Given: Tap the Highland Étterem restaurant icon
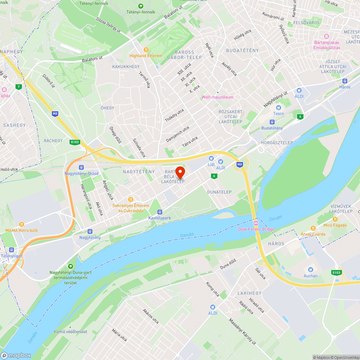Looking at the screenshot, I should pyautogui.click(x=146, y=50).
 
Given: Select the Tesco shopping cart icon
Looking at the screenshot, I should pyautogui.click(x=278, y=108).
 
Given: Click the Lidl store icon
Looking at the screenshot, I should pyautogui.click(x=211, y=158).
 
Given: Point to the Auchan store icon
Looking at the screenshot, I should pyautogui.click(x=310, y=270).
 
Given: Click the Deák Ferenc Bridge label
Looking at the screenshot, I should pyautogui.click(x=256, y=229).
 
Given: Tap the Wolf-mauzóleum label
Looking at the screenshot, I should pyautogui.click(x=217, y=97).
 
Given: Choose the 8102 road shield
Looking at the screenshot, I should pyautogui.click(x=75, y=142).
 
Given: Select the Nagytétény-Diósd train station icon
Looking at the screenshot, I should pyautogui.click(x=81, y=167).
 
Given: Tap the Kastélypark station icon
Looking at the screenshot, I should pyautogui.click(x=160, y=212).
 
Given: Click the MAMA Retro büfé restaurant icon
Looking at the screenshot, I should pyautogui.click(x=22, y=224).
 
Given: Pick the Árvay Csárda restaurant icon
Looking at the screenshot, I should pyautogui.click(x=313, y=228).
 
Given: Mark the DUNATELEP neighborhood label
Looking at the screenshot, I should pyautogui.click(x=219, y=192).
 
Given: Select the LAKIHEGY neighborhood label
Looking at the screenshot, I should pyautogui.click(x=249, y=293).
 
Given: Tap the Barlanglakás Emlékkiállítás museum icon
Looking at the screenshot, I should pyautogui.click(x=327, y=36).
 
